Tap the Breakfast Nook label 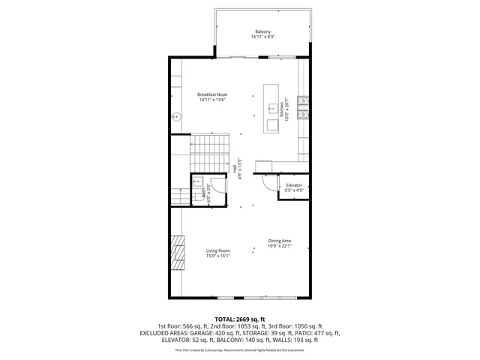point(212,94)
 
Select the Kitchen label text point(282,110)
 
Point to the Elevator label point(294,184)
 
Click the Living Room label point(218,250)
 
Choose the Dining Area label point(280,241)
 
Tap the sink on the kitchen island point(271,109)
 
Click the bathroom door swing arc point(217,182)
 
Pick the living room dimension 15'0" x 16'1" point(218,256)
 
